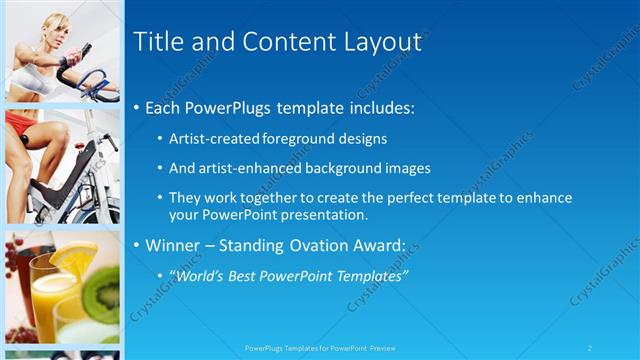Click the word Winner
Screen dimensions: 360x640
click(180, 246)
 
